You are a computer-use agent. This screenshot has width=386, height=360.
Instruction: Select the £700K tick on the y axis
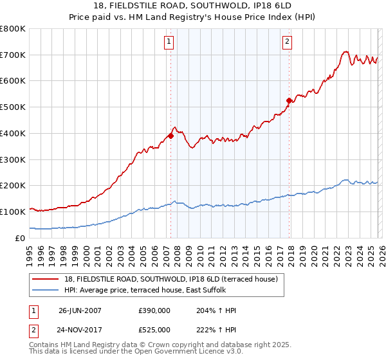13,55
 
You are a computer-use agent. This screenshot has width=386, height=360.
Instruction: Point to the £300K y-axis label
13,159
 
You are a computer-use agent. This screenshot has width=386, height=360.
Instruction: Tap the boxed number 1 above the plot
169,42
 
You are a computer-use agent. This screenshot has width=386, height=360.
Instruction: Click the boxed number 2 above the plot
287,42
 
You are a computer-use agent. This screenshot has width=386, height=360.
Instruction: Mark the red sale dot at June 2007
170,136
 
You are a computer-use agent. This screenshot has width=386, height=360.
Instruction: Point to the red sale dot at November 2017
289,100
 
